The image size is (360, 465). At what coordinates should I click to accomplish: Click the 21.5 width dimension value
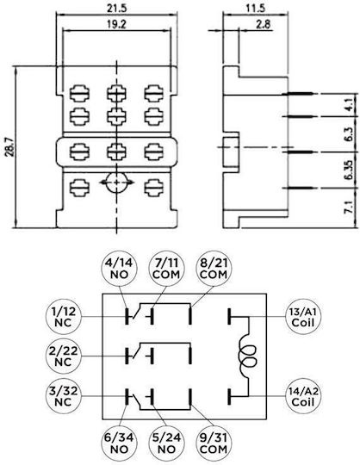click(116, 8)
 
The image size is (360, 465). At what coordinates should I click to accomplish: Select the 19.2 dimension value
click(116, 24)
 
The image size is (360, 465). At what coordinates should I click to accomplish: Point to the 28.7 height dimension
click(9, 146)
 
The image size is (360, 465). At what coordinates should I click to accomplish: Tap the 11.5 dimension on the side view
click(255, 8)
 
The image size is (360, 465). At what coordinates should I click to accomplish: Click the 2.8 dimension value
click(264, 24)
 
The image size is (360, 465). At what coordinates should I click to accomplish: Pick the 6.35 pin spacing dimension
click(349, 170)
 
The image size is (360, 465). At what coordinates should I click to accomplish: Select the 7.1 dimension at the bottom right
click(349, 208)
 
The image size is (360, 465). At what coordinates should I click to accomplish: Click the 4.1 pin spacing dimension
click(349, 104)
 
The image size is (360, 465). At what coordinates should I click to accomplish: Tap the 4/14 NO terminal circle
click(119, 269)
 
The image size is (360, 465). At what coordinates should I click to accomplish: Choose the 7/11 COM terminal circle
click(166, 269)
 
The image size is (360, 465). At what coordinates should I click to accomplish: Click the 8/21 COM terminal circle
click(214, 269)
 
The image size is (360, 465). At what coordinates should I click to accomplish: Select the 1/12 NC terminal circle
click(64, 316)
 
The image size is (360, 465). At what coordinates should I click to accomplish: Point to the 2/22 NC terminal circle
click(64, 356)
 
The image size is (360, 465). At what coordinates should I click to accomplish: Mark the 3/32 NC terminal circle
click(64, 396)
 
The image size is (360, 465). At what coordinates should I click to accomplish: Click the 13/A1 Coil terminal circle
click(303, 316)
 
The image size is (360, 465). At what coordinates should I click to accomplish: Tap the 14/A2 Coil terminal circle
click(303, 396)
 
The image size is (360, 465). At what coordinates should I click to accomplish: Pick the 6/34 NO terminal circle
click(119, 443)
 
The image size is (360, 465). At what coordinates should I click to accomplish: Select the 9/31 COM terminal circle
click(214, 443)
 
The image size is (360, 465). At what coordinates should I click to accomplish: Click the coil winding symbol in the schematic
click(248, 356)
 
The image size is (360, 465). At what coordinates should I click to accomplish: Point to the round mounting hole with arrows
click(116, 183)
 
